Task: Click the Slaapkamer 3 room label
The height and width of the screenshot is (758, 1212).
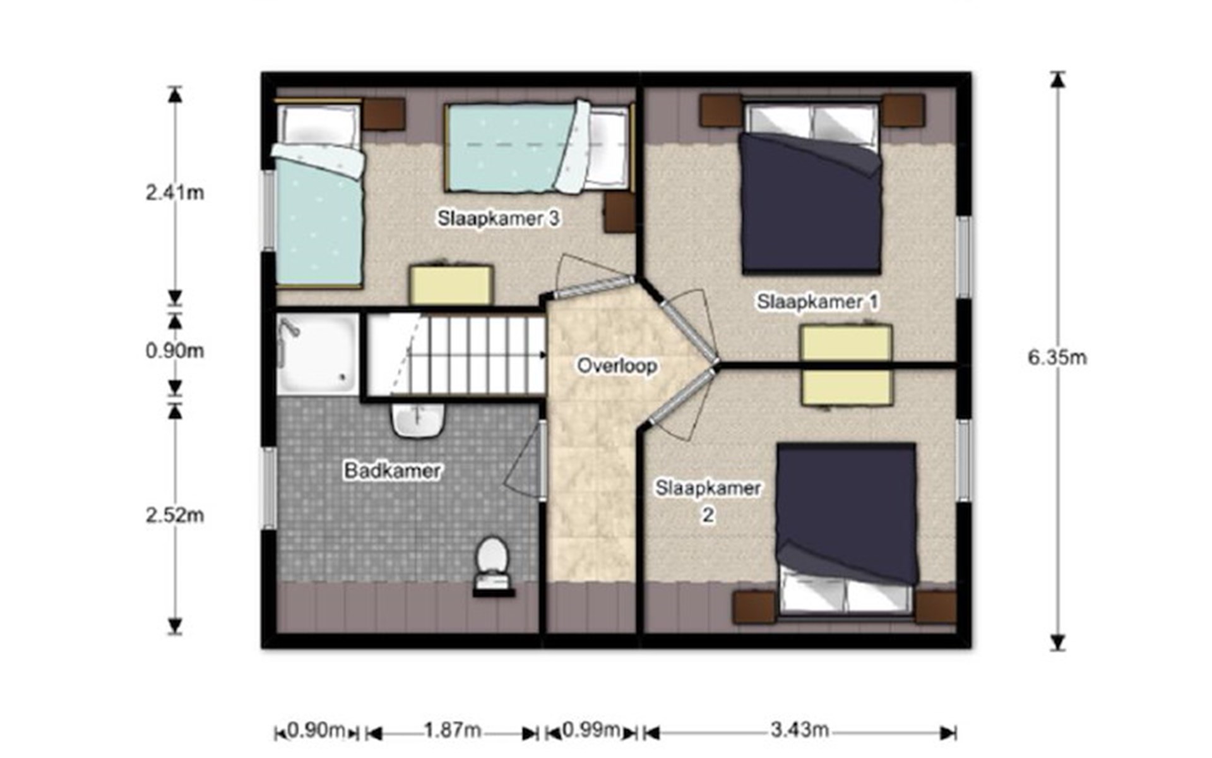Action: point(499,219)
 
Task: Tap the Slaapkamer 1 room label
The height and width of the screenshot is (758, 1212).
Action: point(818,301)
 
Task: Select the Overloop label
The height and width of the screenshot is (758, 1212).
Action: point(617,366)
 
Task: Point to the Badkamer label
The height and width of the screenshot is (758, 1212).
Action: point(393,471)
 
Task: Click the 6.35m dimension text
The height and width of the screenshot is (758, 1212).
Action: point(1057,358)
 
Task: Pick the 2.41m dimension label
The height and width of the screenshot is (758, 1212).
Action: point(175,193)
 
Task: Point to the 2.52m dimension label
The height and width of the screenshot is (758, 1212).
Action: point(175,515)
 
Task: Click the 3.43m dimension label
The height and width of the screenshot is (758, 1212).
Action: point(799,730)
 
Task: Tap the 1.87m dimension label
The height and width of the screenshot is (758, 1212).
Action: point(452,731)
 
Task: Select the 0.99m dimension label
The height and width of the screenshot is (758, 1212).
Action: point(590,730)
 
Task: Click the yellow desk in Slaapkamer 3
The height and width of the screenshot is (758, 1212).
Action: point(451,286)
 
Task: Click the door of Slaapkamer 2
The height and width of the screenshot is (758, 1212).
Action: point(682,395)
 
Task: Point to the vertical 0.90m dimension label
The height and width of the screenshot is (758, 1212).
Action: point(175,351)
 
